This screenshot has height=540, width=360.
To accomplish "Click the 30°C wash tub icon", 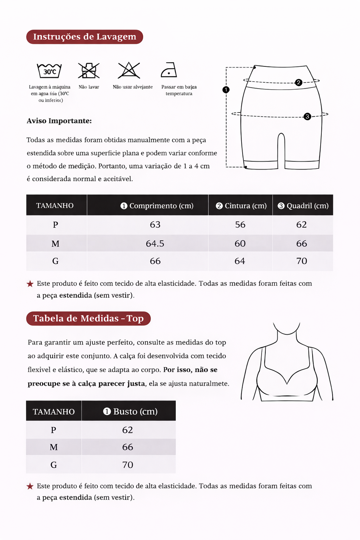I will (x=49, y=71).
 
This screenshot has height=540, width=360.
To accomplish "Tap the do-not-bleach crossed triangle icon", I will (x=129, y=70).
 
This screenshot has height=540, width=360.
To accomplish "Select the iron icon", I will (x=169, y=70).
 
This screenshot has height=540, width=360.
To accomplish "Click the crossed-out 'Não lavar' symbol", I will (x=89, y=71).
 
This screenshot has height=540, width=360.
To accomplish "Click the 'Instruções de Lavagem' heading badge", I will (x=84, y=37).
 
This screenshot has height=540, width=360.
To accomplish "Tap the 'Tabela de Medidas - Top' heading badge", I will (x=88, y=319).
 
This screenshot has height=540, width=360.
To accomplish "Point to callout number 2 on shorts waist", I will (x=298, y=82).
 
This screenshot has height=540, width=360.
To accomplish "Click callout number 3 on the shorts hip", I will (x=307, y=116).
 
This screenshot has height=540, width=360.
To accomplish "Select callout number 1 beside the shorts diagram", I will (x=226, y=90).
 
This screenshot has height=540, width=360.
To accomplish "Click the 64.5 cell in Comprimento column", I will (x=155, y=243).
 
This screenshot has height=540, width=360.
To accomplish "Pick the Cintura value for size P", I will (x=240, y=225).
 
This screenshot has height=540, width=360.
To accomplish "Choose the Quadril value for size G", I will (x=302, y=261).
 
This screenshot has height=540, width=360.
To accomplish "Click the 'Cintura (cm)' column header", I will (x=241, y=206).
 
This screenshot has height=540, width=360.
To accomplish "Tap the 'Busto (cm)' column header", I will (x=130, y=411).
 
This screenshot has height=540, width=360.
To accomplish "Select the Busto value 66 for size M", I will (x=128, y=447).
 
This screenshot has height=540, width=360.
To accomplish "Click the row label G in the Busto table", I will (x=53, y=465).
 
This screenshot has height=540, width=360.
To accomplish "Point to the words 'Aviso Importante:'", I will (x=59, y=121).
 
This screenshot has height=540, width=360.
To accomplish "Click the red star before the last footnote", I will (x=30, y=486).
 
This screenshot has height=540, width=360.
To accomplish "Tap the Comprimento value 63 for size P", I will (x=155, y=225).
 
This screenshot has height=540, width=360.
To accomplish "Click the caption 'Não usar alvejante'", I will (x=133, y=87).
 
